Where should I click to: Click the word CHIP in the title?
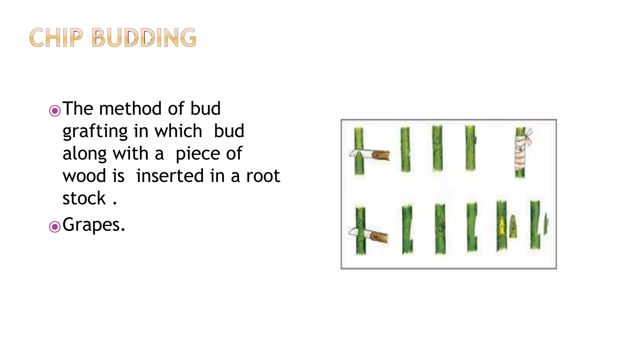[x=56, y=38]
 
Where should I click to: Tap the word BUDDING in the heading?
[x=144, y=38]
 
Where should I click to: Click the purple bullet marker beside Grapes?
[x=55, y=227]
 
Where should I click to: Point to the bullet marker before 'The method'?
[x=55, y=111]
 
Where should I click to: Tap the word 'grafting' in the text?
[x=101, y=131]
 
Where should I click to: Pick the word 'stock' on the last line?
[x=84, y=198]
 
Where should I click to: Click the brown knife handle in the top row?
[x=381, y=155]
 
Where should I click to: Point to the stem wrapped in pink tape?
[x=520, y=153]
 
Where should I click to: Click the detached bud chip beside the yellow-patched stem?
[x=513, y=227]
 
